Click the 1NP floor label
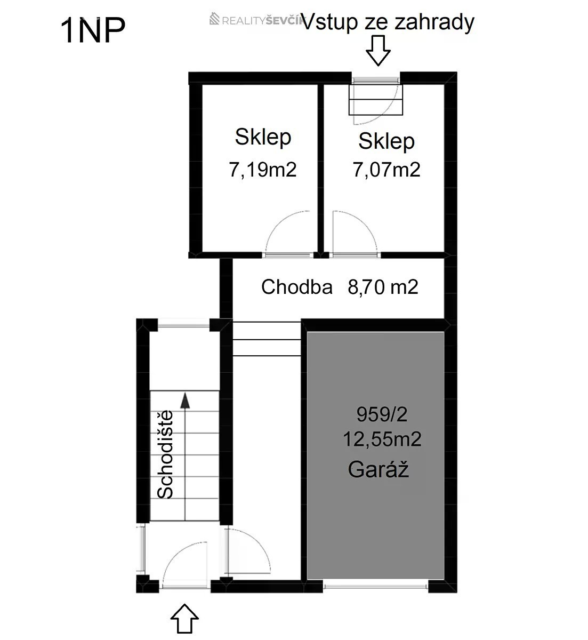click(x=93, y=30)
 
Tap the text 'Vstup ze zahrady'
click(x=388, y=22)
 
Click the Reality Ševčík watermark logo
click(x=256, y=19)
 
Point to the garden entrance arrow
click(x=378, y=51)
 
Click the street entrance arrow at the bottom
click(x=184, y=622)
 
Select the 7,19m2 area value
click(x=263, y=170)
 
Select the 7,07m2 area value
click(x=386, y=170)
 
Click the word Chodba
click(x=297, y=286)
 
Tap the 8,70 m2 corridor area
click(x=383, y=287)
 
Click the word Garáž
click(x=378, y=470)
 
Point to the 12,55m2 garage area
click(x=382, y=439)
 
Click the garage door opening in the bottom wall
click(x=375, y=586)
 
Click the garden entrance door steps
click(x=375, y=100)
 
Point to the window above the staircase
click(x=183, y=325)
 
